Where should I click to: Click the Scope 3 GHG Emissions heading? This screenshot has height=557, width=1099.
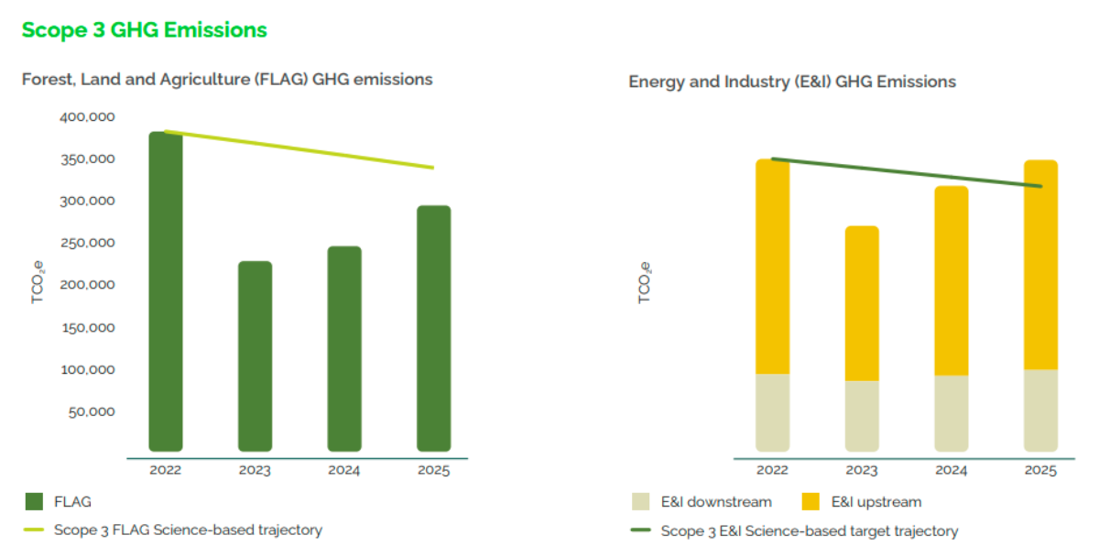click(144, 30)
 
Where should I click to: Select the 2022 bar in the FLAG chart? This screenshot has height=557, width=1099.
click(166, 293)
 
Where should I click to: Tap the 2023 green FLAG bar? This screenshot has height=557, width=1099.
click(255, 357)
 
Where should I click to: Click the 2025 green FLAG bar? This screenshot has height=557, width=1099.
click(433, 330)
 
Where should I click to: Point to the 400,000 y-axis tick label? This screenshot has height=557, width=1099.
click(88, 117)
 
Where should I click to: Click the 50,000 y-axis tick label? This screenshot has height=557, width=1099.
click(92, 411)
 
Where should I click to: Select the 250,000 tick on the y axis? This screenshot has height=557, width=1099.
click(88, 243)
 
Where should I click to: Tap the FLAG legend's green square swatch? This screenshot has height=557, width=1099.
click(34, 501)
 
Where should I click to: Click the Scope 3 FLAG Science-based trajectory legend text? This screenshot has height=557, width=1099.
click(188, 530)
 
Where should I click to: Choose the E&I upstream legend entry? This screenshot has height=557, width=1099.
click(876, 502)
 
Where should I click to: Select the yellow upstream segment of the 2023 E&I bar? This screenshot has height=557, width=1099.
click(862, 302)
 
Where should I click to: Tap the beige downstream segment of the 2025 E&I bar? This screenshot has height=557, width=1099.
click(1040, 410)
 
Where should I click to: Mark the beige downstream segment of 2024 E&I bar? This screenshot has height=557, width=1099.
click(952, 413)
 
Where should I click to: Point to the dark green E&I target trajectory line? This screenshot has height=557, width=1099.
click(907, 172)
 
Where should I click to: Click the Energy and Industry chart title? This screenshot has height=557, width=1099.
click(792, 82)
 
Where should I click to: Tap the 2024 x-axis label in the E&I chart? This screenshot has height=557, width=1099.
click(952, 471)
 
